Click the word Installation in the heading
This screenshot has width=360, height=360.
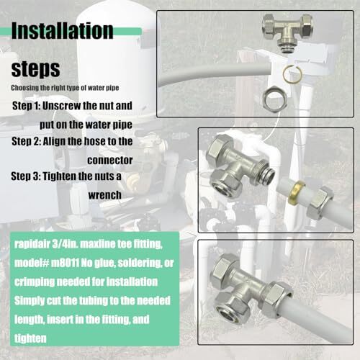click(x=63, y=32)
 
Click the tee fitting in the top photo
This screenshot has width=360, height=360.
click(x=286, y=35)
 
